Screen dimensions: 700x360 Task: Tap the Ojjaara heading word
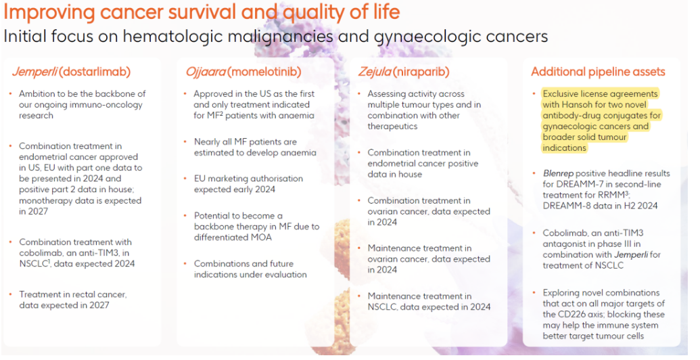point(206,72)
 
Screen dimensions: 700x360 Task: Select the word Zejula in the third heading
point(375,72)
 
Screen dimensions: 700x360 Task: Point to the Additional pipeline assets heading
point(598,72)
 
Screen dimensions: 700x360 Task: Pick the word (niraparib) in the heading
point(421,72)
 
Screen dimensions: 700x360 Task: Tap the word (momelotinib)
point(264,72)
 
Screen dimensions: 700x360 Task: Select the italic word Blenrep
point(558,173)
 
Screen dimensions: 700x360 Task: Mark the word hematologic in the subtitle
point(173,37)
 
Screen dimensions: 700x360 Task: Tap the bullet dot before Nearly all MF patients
point(186,141)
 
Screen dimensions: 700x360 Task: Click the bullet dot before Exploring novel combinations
point(534,292)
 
